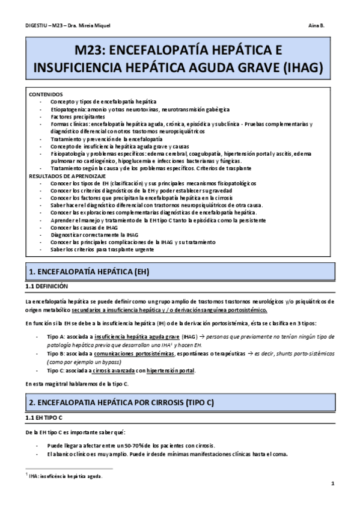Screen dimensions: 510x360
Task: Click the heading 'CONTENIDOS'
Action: pyautogui.click(x=45, y=94)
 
